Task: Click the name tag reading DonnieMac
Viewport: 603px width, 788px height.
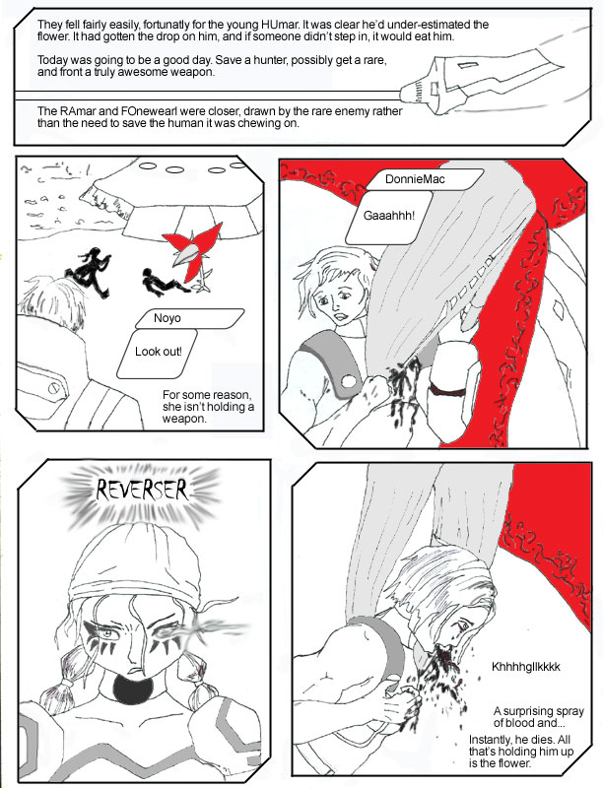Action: tap(424, 179)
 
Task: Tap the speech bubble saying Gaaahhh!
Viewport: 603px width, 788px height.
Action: tap(389, 217)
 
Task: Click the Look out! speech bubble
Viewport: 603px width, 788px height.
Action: tap(158, 353)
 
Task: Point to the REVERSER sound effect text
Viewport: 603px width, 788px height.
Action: tap(142, 490)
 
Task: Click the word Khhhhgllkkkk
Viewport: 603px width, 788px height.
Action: tap(525, 667)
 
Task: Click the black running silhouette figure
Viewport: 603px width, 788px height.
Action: tap(89, 272)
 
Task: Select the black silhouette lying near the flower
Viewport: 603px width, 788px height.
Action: tap(164, 282)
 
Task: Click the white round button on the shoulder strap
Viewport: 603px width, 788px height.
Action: tap(348, 381)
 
